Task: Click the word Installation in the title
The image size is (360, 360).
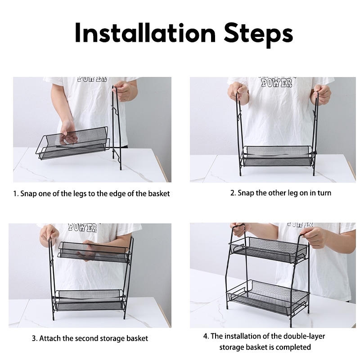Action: (145, 32)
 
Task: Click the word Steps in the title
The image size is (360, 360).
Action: (258, 35)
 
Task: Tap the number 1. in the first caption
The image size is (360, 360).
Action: (16, 193)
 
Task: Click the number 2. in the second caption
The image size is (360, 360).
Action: (233, 193)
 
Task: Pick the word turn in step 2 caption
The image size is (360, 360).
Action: (324, 193)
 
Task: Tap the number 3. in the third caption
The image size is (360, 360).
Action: (35, 338)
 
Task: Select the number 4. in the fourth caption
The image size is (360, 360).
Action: (206, 336)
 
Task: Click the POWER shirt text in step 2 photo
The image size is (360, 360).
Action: (277, 83)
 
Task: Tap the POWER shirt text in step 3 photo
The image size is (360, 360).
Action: (83, 228)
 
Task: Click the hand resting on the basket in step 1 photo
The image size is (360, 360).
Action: (68, 132)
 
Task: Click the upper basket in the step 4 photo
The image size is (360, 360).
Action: (269, 250)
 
